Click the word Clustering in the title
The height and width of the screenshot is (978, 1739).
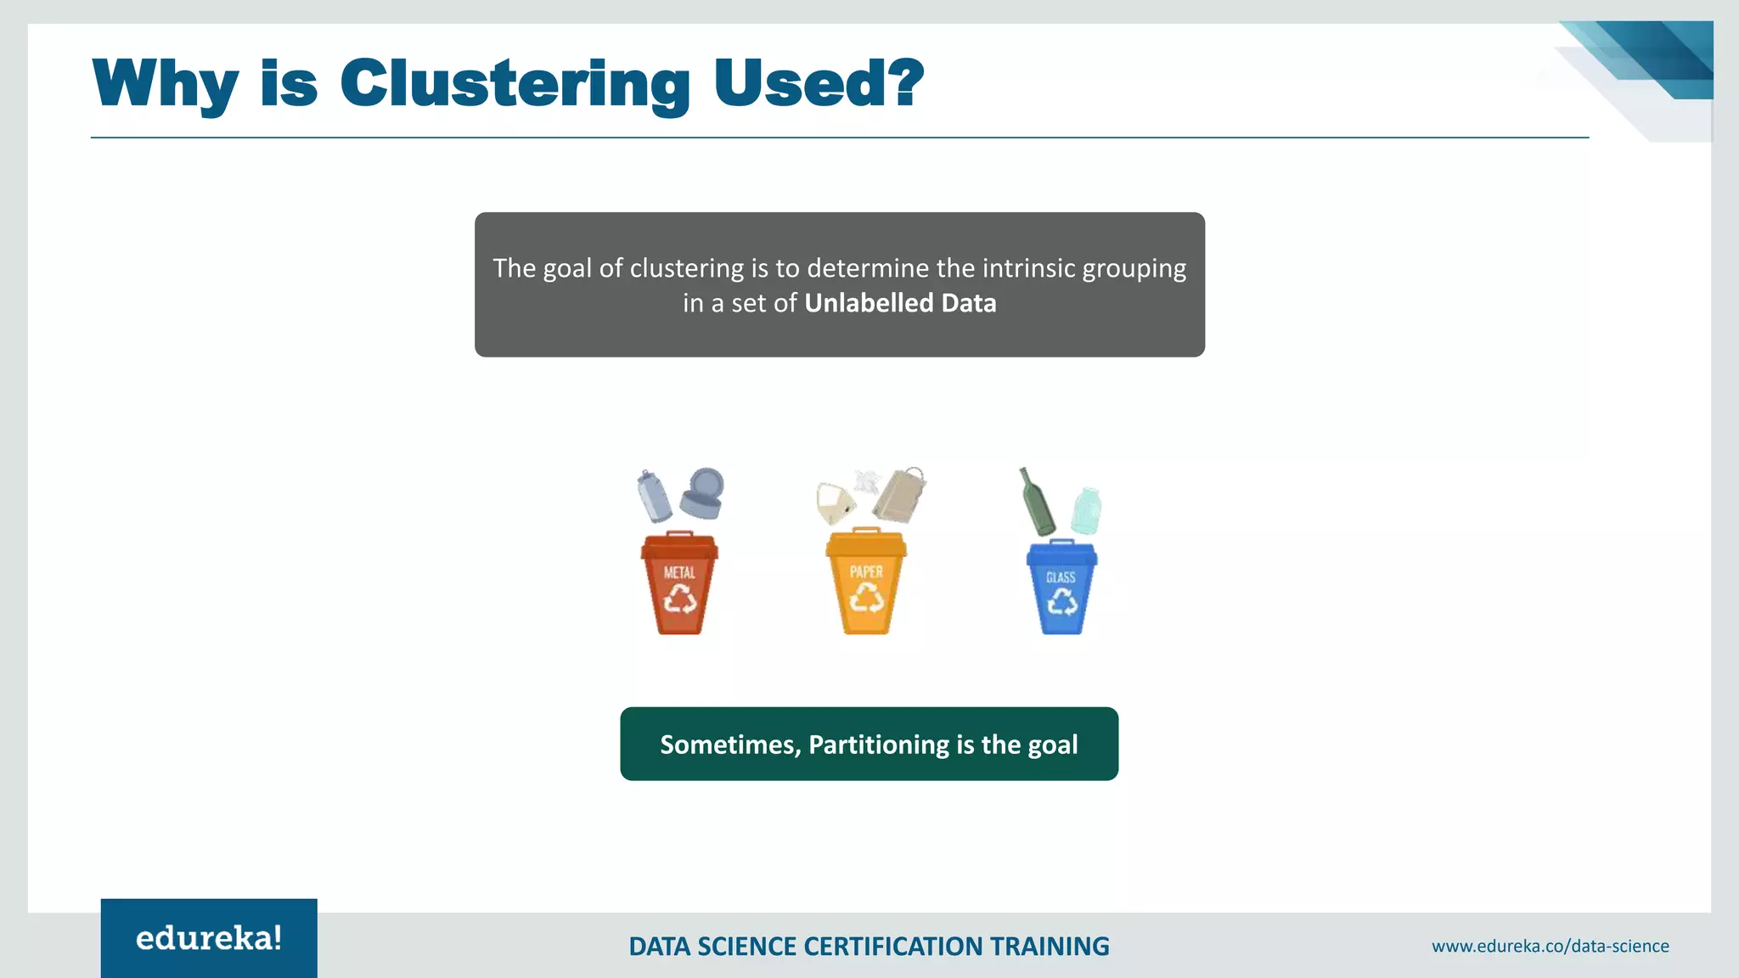[515, 85]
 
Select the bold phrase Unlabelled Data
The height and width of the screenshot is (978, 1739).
[900, 303]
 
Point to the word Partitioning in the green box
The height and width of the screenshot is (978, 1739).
[879, 745]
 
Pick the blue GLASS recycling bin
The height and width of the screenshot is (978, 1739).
[1061, 587]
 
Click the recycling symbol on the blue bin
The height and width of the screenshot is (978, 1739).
[1061, 603]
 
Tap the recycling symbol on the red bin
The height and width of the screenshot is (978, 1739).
[679, 600]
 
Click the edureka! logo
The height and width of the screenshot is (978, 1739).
[209, 938]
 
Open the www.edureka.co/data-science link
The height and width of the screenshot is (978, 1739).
[1550, 946]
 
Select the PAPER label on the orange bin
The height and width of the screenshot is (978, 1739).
[866, 571]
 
